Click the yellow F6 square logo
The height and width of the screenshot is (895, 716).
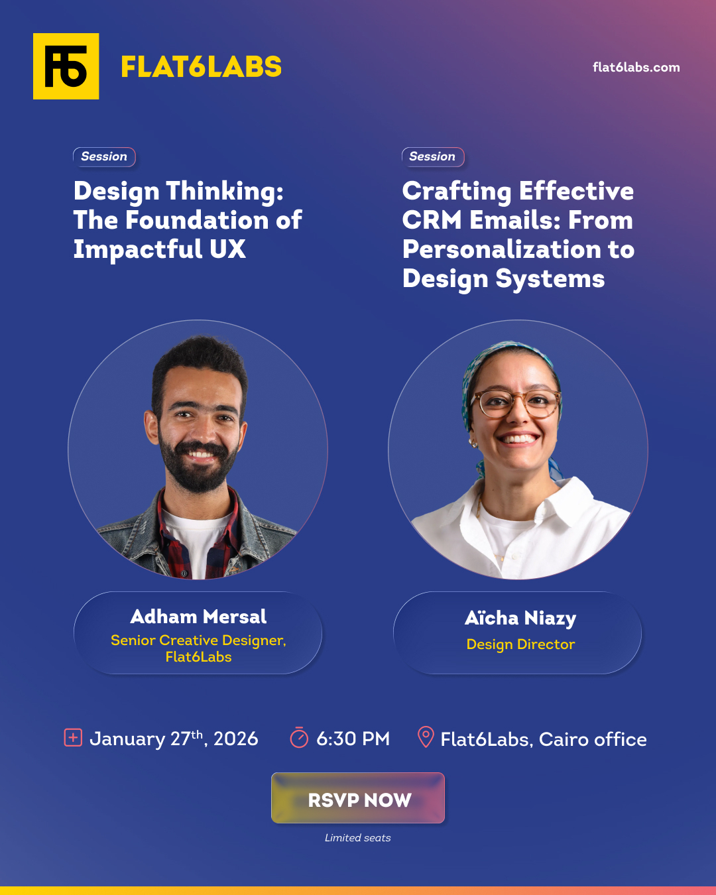click(66, 66)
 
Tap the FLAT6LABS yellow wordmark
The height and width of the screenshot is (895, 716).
click(201, 67)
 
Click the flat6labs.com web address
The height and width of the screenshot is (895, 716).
click(636, 67)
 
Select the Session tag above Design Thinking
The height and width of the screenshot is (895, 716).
click(104, 156)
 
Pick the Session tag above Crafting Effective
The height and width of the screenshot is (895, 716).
click(432, 156)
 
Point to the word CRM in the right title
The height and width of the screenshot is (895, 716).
click(431, 220)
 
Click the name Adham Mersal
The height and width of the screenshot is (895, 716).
click(198, 617)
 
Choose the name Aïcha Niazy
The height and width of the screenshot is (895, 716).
click(520, 618)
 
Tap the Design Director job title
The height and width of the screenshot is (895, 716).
click(520, 644)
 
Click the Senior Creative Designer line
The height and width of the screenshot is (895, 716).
click(198, 640)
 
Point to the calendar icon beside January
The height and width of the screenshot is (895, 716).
click(73, 737)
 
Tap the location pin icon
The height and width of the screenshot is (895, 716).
click(426, 737)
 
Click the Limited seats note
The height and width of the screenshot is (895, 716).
click(357, 838)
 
